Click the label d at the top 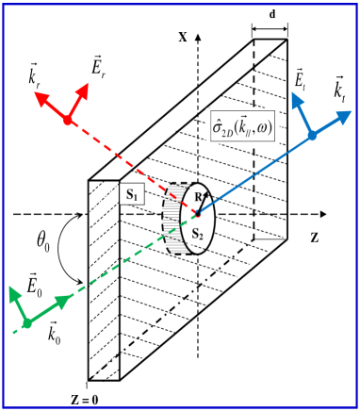[x=272, y=15]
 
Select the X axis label [x=182, y=37]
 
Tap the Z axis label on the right [x=314, y=237]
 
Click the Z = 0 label [x=84, y=399]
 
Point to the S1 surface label [x=132, y=195]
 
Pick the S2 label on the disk [x=197, y=234]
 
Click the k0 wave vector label [x=54, y=337]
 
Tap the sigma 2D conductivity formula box [x=242, y=125]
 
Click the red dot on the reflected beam [x=67, y=120]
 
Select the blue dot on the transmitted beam [x=312, y=136]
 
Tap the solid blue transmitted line [x=254, y=173]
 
